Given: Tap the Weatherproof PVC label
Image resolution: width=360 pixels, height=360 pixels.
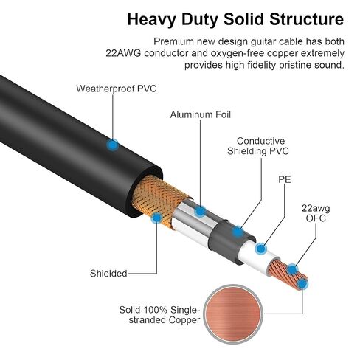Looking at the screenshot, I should [x=117, y=89].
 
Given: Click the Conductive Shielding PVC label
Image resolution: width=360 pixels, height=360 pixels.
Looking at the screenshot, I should [x=261, y=146].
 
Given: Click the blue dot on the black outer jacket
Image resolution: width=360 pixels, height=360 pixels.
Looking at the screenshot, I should [x=112, y=145].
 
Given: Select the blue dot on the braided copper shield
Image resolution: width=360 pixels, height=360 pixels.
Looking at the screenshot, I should [x=156, y=218].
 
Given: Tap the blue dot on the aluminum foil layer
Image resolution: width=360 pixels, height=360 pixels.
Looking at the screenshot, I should [x=200, y=212].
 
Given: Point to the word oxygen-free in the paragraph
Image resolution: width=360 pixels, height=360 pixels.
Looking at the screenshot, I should [x=239, y=52].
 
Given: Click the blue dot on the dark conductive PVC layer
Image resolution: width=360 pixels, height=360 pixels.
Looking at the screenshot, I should [x=235, y=232].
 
